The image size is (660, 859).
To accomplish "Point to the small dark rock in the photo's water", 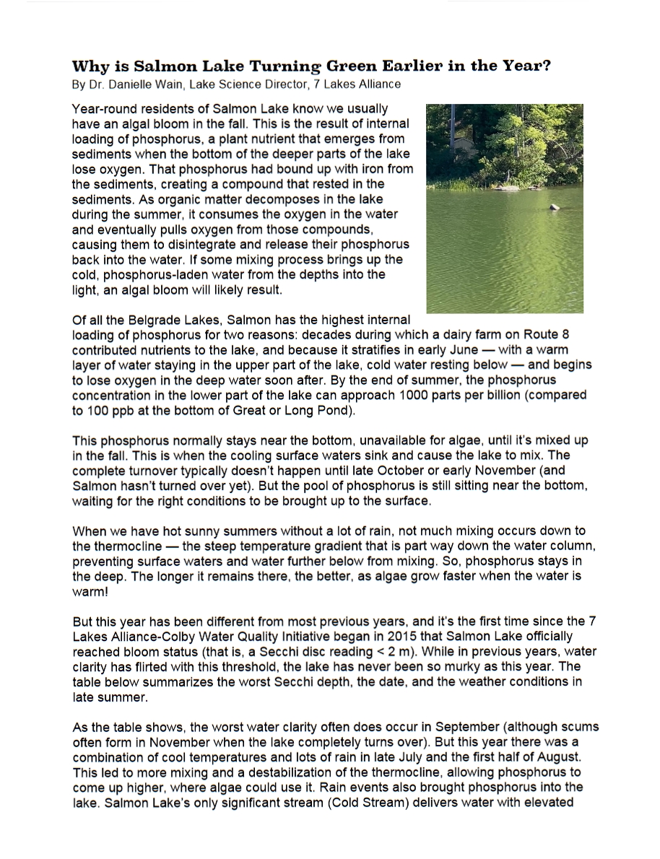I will tap(555, 207).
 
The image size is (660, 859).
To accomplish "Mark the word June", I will tap(433, 349).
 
